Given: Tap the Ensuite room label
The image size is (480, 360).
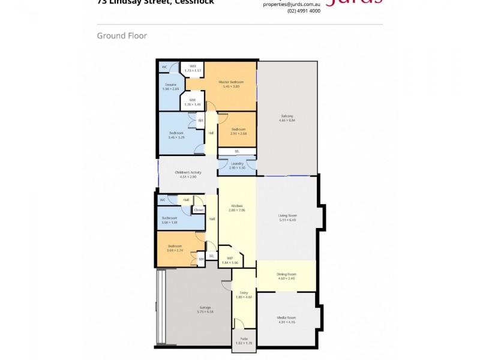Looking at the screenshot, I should pos(171,85).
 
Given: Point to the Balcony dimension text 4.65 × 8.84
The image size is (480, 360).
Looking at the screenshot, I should pos(287,121).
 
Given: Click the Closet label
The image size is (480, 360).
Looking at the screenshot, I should pos(199,210).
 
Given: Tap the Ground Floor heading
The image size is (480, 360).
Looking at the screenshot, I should pos(122,36).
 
